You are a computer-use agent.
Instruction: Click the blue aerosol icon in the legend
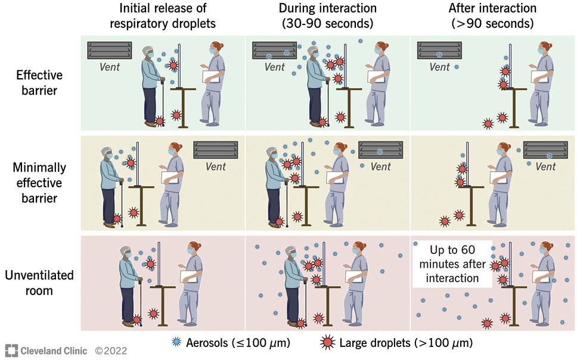[176, 343]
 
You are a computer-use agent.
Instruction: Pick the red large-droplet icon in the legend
[326, 343]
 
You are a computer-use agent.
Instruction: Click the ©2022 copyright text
[111, 350]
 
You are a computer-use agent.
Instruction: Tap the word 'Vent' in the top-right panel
[440, 67]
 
